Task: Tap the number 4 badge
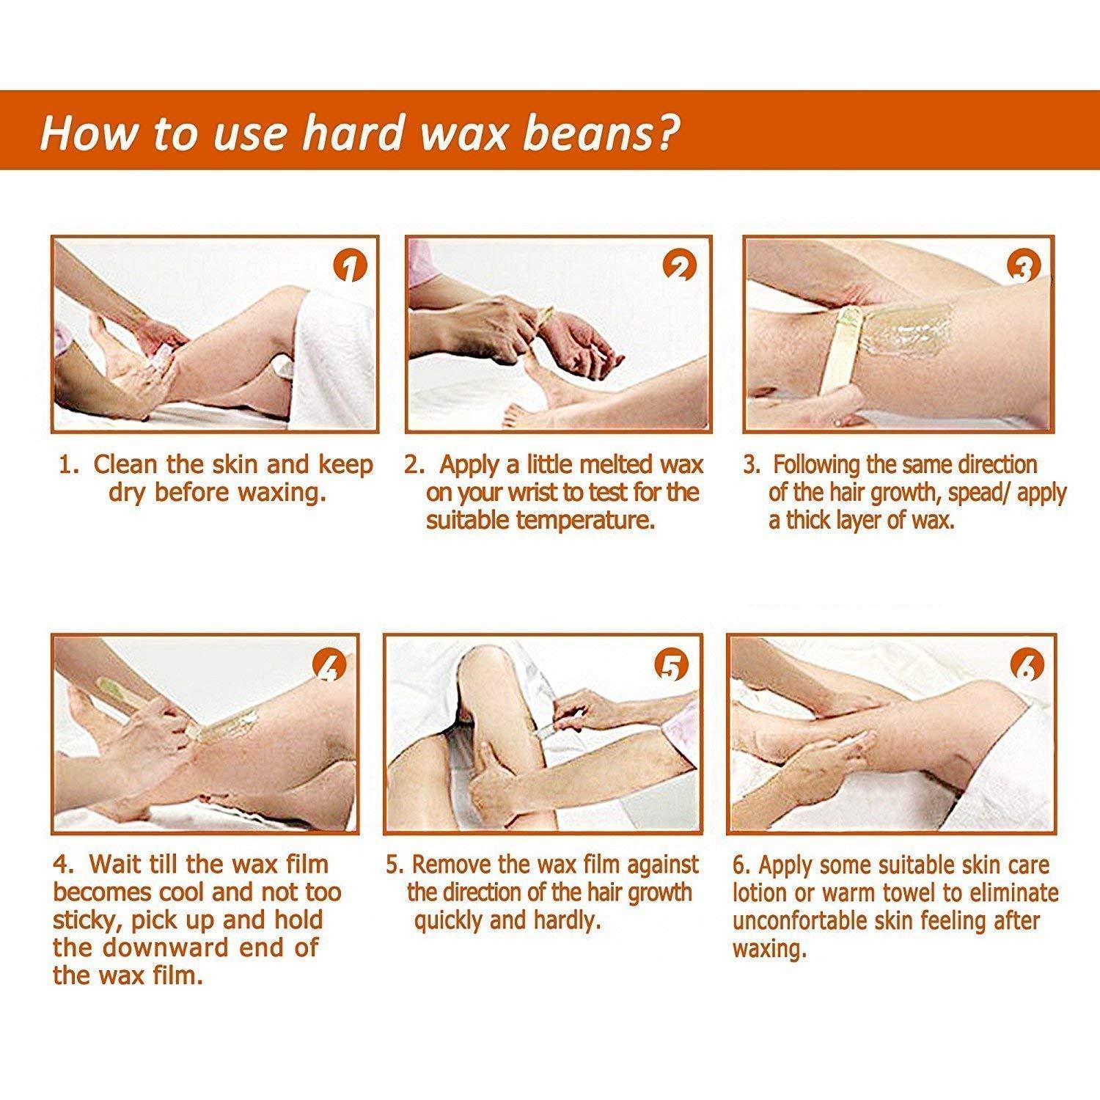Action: (329, 667)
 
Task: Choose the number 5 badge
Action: (671, 667)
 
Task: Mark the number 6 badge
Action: (1026, 667)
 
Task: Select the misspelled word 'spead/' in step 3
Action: (979, 492)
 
